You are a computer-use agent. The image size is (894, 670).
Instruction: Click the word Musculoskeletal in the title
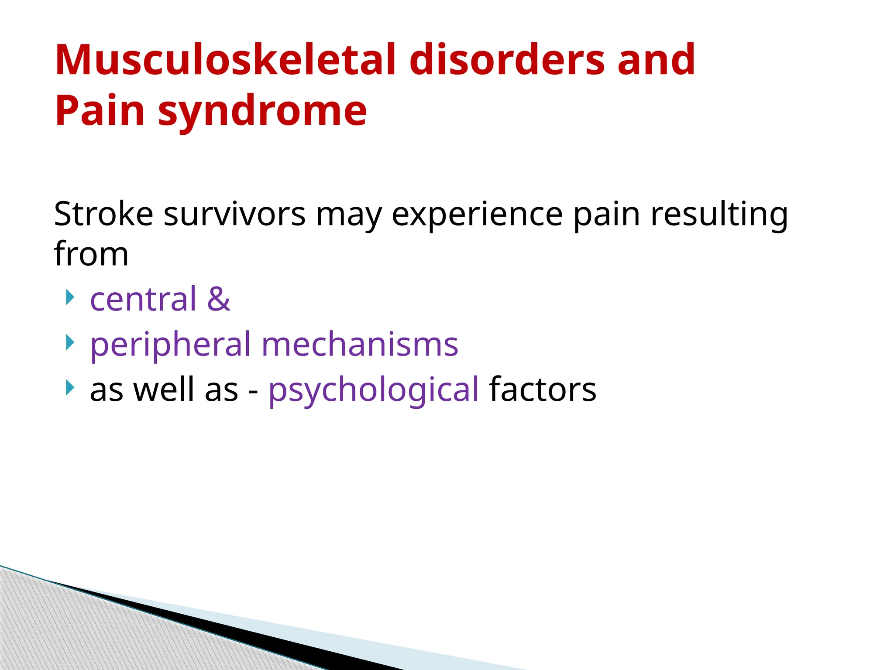(225, 60)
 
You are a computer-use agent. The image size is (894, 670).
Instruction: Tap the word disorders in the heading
(507, 60)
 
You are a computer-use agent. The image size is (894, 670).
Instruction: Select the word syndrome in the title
(262, 111)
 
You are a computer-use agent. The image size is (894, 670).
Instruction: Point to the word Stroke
(103, 214)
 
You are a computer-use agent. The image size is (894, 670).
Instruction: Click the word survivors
(234, 214)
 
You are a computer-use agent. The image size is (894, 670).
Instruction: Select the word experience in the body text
(477, 215)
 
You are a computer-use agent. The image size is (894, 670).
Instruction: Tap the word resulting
(719, 215)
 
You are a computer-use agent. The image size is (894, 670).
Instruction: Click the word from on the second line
(91, 254)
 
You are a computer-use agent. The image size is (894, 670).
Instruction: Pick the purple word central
(143, 299)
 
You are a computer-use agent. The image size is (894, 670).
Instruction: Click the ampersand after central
(219, 299)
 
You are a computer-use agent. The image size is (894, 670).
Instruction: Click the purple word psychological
(373, 390)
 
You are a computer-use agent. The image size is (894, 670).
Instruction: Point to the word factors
(543, 390)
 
